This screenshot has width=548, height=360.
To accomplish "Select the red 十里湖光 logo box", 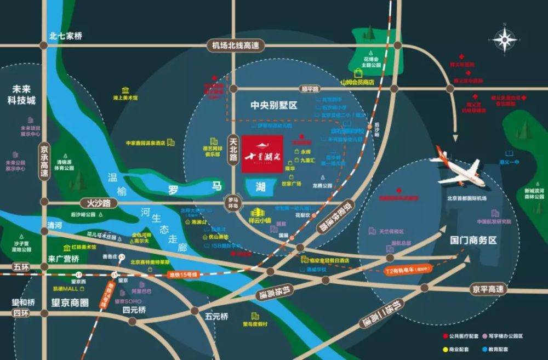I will point(262,154).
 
